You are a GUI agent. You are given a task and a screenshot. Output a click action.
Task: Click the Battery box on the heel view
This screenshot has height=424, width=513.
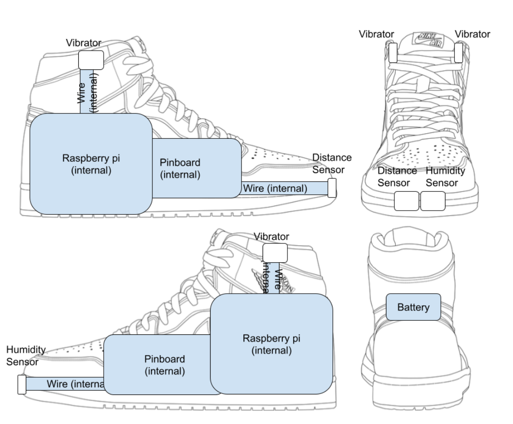pyautogui.click(x=413, y=307)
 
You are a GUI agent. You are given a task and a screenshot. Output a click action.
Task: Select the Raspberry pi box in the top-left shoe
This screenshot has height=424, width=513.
pyautogui.click(x=91, y=164)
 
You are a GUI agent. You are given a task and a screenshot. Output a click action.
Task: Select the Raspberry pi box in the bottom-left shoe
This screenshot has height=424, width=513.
pyautogui.click(x=272, y=344)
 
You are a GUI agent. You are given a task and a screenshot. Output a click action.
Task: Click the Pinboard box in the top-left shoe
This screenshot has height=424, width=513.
pyautogui.click(x=197, y=168)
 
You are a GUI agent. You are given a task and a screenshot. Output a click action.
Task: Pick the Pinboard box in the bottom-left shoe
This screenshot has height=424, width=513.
pyautogui.click(x=157, y=365)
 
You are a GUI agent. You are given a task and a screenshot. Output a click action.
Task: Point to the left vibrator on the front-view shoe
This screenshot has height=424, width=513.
pyautogui.click(x=393, y=53)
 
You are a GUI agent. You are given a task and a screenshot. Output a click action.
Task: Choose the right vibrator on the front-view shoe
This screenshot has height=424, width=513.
pyautogui.click(x=459, y=52)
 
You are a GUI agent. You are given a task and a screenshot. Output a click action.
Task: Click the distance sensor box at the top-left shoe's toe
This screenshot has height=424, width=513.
pyautogui.click(x=332, y=188)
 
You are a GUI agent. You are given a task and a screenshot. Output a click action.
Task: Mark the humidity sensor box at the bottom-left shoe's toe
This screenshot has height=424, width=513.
pyautogui.click(x=21, y=384)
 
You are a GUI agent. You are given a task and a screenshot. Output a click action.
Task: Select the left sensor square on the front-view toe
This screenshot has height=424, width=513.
pyautogui.click(x=407, y=201)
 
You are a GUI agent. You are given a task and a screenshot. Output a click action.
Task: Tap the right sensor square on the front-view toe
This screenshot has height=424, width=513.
pyautogui.click(x=432, y=201)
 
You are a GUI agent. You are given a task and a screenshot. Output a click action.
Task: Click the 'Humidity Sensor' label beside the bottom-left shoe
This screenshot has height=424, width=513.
pyautogui.click(x=26, y=356)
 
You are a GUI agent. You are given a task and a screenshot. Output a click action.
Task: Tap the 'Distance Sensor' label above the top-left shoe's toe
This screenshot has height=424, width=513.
pyautogui.click(x=332, y=163)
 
